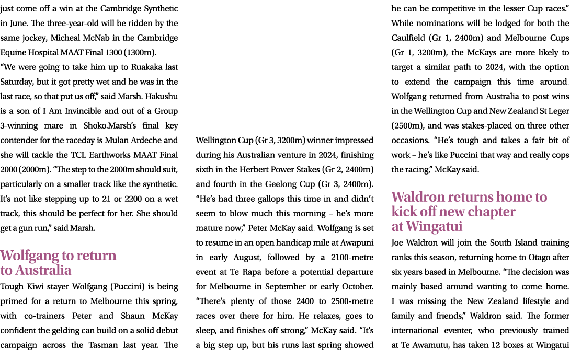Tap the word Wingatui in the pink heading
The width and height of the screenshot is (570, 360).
[434, 226]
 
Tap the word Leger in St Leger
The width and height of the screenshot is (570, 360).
[558, 111]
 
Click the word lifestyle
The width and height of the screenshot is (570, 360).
[532, 301]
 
